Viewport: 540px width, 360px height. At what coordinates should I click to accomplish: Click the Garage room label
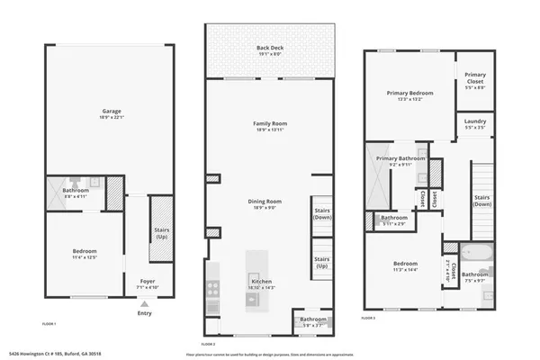pos(111,112)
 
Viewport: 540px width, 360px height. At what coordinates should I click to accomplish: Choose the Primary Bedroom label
pos(410,93)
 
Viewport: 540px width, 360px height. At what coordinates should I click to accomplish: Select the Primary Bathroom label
pos(401,160)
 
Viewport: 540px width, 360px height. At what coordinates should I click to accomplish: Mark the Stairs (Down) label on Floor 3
pos(481,199)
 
